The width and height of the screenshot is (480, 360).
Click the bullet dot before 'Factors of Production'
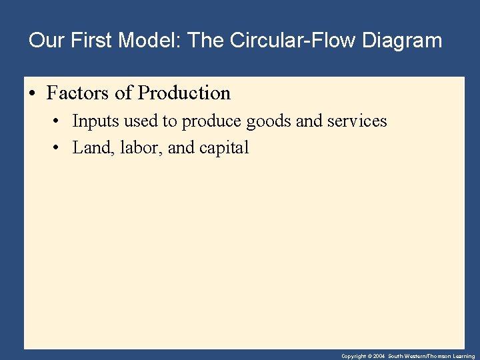tap(33, 93)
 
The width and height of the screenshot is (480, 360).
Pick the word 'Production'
tap(184, 93)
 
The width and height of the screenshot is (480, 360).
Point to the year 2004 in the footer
tap(379, 357)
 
